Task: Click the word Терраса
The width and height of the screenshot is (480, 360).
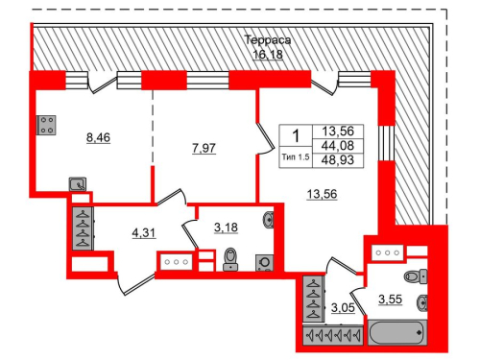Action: pyautogui.click(x=267, y=41)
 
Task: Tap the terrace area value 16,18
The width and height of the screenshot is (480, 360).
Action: pyautogui.click(x=267, y=55)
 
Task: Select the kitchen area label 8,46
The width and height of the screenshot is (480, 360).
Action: pyautogui.click(x=99, y=137)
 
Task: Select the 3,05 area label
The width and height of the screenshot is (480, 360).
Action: pyautogui.click(x=343, y=308)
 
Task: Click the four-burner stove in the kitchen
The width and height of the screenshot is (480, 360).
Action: pyautogui.click(x=45, y=125)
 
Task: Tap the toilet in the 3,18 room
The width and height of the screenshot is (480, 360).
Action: pyautogui.click(x=230, y=259)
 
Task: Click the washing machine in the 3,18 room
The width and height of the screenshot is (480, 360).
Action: pyautogui.click(x=262, y=261)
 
